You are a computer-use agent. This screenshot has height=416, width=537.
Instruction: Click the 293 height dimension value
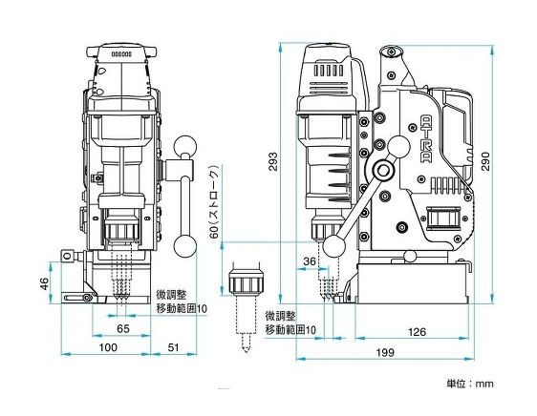point(273,162)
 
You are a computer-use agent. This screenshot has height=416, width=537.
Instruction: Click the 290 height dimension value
point(485,161)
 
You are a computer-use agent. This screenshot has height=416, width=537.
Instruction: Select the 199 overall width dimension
point(385,352)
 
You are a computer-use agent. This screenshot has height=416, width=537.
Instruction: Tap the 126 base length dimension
point(418,332)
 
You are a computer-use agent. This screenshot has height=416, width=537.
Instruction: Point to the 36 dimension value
point(310,261)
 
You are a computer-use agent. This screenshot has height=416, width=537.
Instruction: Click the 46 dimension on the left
point(45,283)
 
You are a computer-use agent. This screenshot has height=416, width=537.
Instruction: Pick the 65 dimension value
point(123,329)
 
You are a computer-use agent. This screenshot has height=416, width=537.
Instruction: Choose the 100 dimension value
point(108,347)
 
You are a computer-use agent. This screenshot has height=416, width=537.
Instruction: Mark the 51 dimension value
point(173,347)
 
